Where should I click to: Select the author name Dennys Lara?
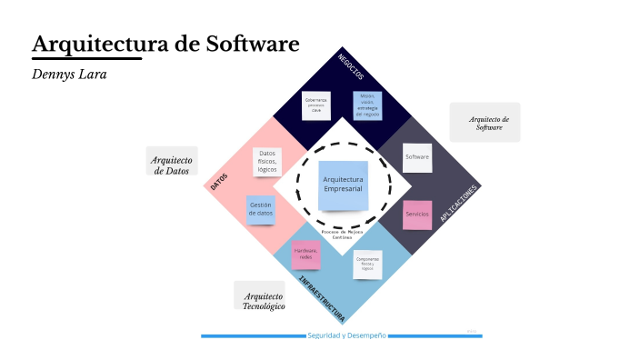[x=69, y=73]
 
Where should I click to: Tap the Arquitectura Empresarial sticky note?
[x=343, y=185]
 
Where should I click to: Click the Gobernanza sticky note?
[x=316, y=105]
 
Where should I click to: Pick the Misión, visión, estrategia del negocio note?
[x=367, y=105]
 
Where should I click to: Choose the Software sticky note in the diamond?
[x=417, y=157]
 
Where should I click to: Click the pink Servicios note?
[x=417, y=215]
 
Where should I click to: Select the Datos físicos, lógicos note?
[x=267, y=162]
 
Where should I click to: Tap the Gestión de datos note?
[x=262, y=210]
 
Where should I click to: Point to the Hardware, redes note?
[x=305, y=254]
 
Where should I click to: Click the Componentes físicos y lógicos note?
[x=368, y=265]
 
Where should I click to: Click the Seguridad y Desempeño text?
[x=346, y=335]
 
